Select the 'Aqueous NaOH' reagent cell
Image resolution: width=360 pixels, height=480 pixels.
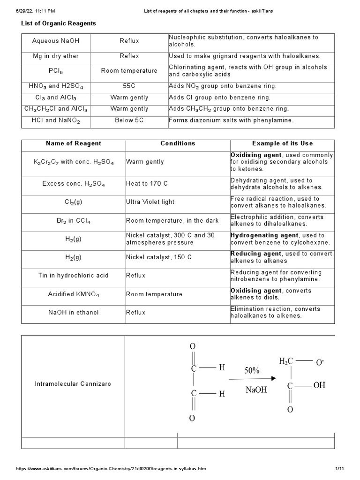tap(55, 41)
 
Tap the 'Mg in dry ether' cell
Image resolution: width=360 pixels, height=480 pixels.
tap(55, 56)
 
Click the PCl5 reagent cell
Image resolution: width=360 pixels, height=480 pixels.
tap(55, 71)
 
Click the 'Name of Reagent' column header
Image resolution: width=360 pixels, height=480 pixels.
tap(73, 143)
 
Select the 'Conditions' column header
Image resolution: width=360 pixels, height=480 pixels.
tap(178, 143)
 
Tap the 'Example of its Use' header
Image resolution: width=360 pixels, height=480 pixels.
tap(282, 143)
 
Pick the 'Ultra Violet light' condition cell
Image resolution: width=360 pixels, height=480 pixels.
tap(150, 202)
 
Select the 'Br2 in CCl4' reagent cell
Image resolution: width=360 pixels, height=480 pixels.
tap(73, 221)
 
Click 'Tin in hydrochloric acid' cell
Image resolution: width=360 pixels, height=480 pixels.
tap(73, 276)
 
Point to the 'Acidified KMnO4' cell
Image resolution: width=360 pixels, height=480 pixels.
tap(73, 294)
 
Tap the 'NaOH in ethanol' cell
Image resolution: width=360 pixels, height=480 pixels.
tap(73, 313)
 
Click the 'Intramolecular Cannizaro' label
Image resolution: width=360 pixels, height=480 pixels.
tap(73, 384)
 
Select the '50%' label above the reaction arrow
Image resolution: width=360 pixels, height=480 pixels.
tap(251, 370)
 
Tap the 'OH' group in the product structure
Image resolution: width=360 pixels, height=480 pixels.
tap(319, 385)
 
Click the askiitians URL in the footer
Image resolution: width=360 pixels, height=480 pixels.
tap(111, 469)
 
